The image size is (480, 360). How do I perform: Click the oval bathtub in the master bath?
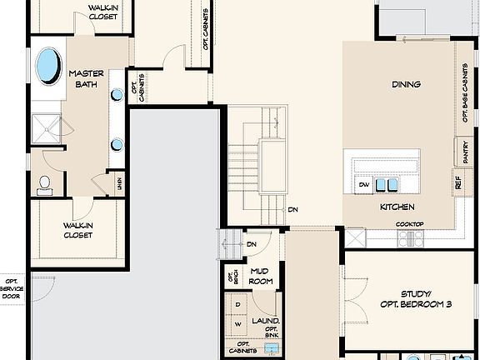coord(47,64)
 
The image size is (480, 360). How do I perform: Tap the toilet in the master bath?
coord(45,184)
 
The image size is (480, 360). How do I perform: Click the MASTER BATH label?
coord(87,78)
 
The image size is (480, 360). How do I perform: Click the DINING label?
coord(406,84)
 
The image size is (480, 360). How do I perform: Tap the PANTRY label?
coord(463,151)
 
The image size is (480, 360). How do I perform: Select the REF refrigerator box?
coord(458,181)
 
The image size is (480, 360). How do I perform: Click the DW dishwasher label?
coord(363,184)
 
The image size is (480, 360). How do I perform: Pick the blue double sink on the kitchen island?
coord(386,184)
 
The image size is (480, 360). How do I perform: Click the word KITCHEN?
coord(397,207)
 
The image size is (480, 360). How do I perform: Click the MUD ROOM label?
coord(261,276)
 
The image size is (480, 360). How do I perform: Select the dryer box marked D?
coord(237,305)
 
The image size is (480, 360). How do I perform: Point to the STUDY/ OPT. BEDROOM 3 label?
coord(414,299)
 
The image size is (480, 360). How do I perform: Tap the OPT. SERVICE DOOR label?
coord(12,288)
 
